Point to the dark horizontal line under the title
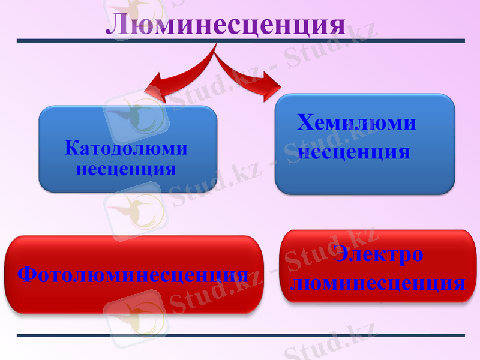240,41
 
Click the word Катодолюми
126,148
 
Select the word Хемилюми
356,123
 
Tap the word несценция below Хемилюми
354,151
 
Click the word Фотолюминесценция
133,275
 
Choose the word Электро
379,254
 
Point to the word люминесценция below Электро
377,282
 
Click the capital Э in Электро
340,254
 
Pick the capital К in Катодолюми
71,148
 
